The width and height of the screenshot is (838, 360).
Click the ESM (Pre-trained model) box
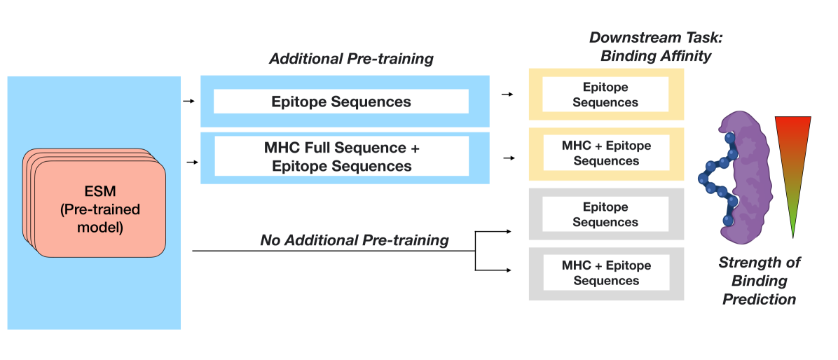(95, 204)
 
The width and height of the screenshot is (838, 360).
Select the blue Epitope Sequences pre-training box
(345, 102)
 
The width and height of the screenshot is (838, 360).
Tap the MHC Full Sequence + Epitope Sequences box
(345, 158)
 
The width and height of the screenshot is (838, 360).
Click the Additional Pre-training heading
(351, 58)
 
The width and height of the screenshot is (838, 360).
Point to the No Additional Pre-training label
(355, 240)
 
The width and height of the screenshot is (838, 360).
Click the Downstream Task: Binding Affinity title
(656, 46)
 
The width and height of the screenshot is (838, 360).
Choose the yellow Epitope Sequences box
(606, 95)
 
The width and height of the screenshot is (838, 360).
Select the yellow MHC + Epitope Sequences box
(606, 154)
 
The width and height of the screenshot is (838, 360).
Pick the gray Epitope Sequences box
(606, 214)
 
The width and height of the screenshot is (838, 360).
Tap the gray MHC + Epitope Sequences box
(606, 273)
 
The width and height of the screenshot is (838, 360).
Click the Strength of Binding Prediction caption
(760, 280)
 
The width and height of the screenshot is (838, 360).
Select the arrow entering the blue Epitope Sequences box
(189, 101)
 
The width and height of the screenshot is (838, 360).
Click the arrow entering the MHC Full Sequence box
(192, 162)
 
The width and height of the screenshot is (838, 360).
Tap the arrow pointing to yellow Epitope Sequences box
(507, 95)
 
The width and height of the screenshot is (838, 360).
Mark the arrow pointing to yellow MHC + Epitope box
(509, 158)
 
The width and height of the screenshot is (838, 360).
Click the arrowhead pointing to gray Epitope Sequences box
(508, 232)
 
